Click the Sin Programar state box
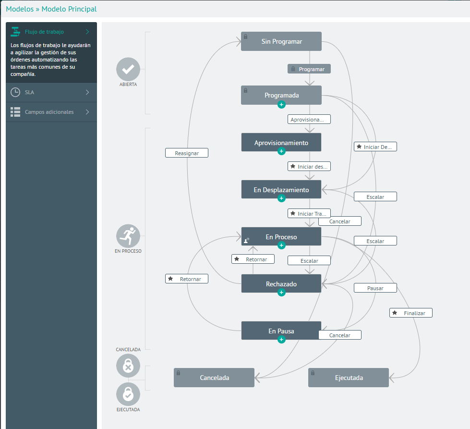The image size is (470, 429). coord(281,41)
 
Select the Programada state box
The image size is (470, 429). coord(281,95)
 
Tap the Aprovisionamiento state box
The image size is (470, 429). coord(281,143)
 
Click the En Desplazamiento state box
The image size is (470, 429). coord(281,190)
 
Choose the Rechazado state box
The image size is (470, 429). coord(281,284)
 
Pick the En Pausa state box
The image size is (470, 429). coord(281,331)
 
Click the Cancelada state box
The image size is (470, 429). coord(214,378)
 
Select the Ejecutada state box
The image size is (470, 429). coord(349,378)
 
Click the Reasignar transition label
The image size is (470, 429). coord(187,153)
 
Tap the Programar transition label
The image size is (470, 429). coord(309,69)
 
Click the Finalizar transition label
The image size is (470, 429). coord(411,313)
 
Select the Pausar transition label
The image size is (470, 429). coord(375,288)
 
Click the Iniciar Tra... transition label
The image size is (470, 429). coord(309,214)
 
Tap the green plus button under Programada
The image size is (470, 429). coord(281,105)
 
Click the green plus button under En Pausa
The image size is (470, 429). coord(281,340)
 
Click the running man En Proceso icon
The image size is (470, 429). coord(128,236)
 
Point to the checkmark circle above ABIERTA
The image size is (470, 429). coord(128,69)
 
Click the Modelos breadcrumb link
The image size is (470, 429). coord(20,9)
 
